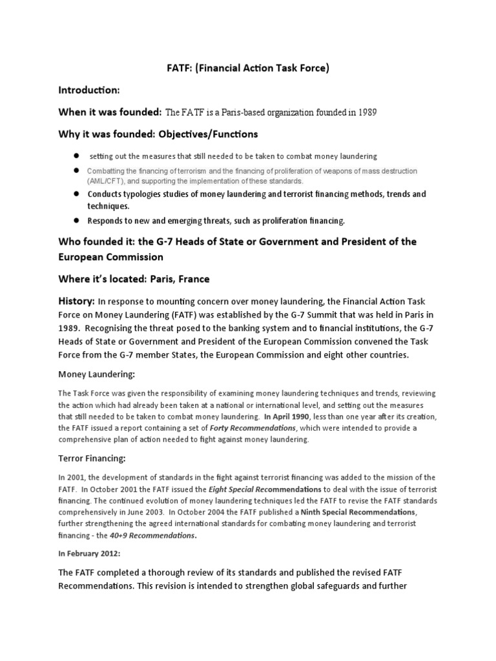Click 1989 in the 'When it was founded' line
[365, 113]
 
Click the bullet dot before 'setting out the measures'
[76, 156]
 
